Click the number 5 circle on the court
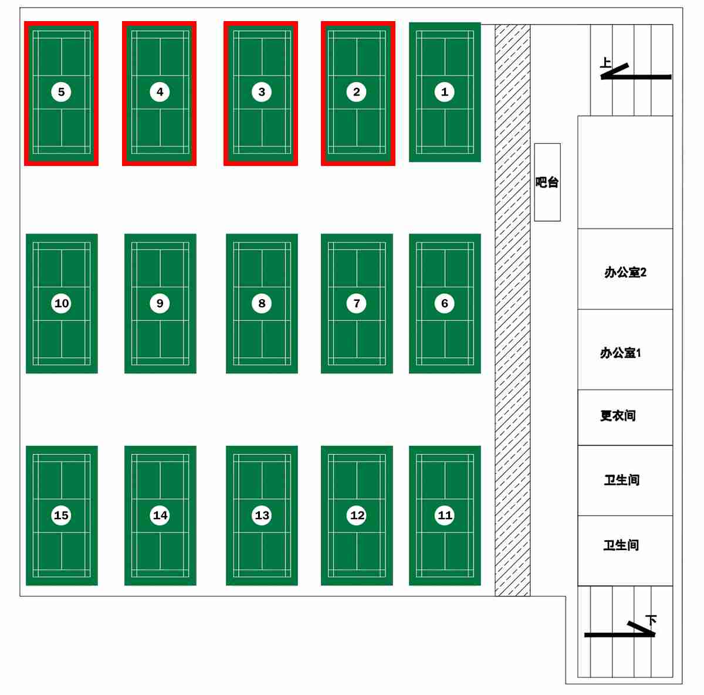click(61, 92)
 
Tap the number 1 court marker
click(444, 92)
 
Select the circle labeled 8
click(262, 303)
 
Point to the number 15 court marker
click(61, 515)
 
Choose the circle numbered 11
click(445, 515)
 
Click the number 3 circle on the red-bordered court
click(262, 92)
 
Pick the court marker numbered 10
click(61, 303)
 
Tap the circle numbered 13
click(262, 515)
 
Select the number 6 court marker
click(444, 303)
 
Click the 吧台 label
click(547, 182)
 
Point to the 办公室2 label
click(625, 272)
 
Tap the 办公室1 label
click(621, 353)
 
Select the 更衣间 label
click(618, 416)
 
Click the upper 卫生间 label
click(622, 480)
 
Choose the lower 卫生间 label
click(621, 545)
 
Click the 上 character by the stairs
click(605, 62)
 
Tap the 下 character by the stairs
click(651, 620)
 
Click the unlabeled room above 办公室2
click(625, 172)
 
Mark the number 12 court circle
click(357, 515)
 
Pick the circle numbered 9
click(160, 303)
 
